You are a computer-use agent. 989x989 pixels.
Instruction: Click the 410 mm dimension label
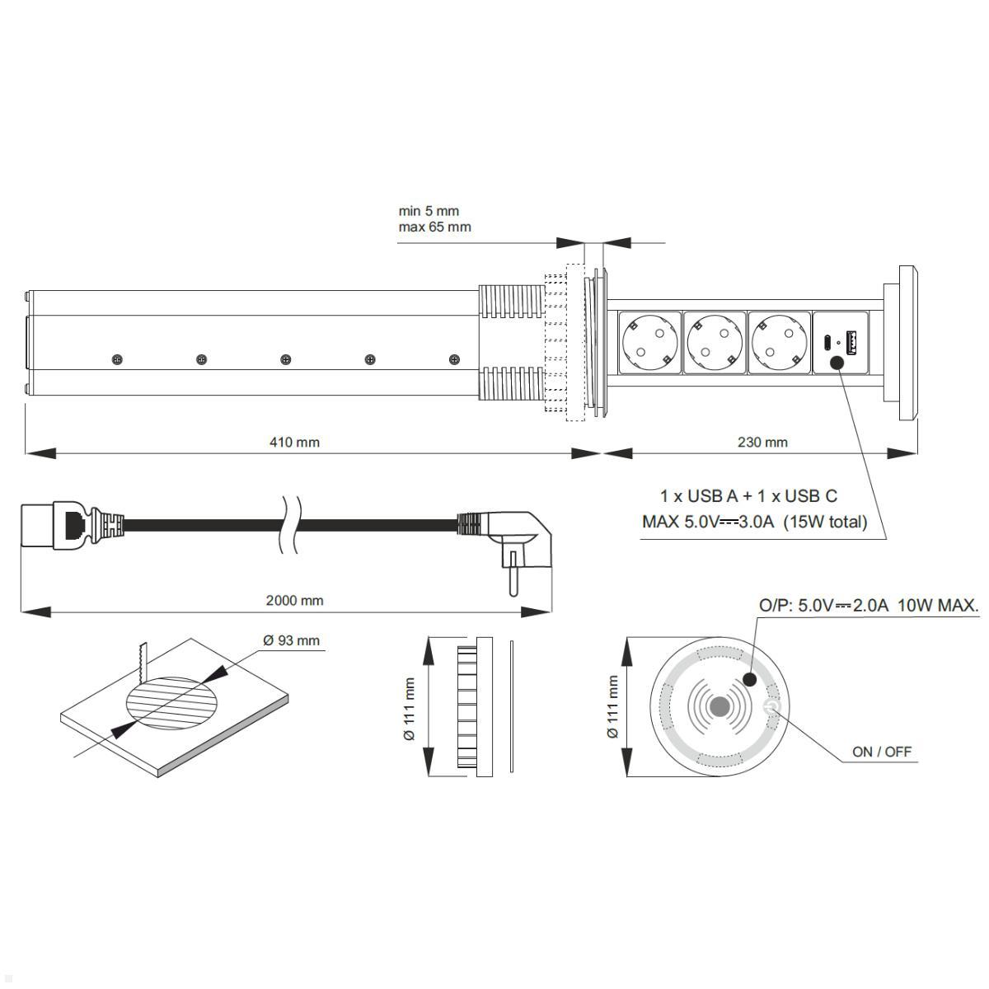point(294,443)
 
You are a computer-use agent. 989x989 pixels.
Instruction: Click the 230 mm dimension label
point(762,443)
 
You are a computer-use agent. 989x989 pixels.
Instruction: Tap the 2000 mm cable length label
point(294,600)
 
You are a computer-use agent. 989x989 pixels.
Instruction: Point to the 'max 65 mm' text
point(434,227)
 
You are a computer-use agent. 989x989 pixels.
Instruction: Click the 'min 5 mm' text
point(429,211)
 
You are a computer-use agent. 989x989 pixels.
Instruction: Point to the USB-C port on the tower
point(827,340)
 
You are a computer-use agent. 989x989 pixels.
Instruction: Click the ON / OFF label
point(882,752)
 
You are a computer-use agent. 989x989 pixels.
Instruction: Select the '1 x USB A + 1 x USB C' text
point(748,495)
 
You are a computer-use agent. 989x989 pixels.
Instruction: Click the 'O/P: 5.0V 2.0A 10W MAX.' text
point(868,606)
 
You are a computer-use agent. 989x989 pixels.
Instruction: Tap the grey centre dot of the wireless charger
point(719,706)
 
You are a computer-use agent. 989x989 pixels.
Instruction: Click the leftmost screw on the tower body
point(117,359)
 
